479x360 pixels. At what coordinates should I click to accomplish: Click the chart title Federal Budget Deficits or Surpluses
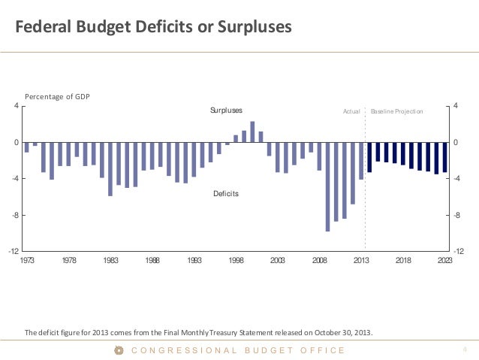154,29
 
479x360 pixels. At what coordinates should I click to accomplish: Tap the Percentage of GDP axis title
57,97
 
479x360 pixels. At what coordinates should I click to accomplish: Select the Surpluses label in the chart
226,110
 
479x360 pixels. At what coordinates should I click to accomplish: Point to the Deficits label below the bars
226,194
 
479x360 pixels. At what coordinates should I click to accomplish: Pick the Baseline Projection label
397,111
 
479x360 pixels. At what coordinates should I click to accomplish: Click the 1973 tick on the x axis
26,260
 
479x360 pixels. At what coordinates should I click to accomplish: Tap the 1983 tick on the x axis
110,260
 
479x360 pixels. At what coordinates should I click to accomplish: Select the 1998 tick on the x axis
236,260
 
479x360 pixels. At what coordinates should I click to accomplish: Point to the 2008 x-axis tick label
320,260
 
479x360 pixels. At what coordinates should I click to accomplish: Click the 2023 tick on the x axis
444,260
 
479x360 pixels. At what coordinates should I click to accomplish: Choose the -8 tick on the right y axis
458,216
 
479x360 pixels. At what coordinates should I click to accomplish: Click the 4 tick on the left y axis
17,106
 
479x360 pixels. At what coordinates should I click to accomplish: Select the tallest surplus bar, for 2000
252,132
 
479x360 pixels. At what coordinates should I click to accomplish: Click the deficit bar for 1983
110,169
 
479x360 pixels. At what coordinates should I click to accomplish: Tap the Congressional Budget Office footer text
238,350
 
